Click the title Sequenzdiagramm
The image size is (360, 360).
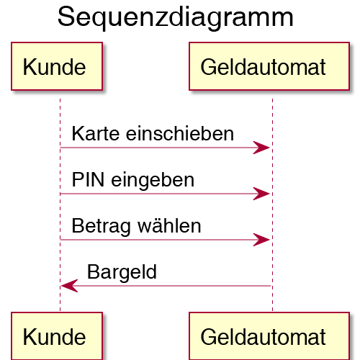pos(176,18)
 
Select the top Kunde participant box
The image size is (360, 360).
pos(57,66)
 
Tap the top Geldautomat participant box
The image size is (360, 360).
pos(269,66)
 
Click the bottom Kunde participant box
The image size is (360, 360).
pos(57,336)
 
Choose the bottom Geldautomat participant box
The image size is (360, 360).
pos(269,336)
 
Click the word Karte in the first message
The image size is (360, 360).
pos(96,133)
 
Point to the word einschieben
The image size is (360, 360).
pos(180,133)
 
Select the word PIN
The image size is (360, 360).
pos(88,179)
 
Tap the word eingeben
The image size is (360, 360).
pos(153,181)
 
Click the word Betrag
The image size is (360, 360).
pos(101,227)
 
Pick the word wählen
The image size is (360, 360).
pos(169,225)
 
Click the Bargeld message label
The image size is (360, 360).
pos(122,273)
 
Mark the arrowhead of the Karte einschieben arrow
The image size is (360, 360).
pos(261,148)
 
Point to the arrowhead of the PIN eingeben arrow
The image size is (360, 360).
pos(261,194)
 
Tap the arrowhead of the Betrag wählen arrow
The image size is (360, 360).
pos(261,240)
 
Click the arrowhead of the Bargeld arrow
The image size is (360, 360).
pos(70,286)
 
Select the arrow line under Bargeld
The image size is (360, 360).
pos(166,286)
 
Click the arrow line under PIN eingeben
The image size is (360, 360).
pos(165,194)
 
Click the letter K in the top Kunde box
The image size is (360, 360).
pos(29,67)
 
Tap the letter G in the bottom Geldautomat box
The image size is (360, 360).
pos(208,337)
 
